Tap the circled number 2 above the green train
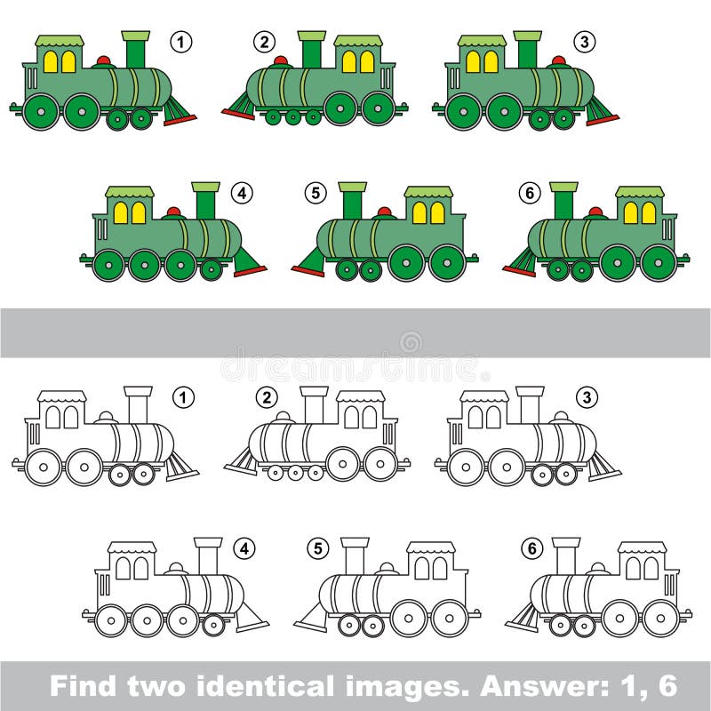coord(262,40)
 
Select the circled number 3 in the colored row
coord(582,40)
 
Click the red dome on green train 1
coord(104,61)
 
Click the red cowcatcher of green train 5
coord(308,266)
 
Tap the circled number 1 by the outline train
coord(182,398)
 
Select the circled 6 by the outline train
coord(531,548)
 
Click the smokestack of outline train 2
coord(313,405)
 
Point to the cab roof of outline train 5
coord(431,547)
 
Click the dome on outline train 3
coord(559,416)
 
